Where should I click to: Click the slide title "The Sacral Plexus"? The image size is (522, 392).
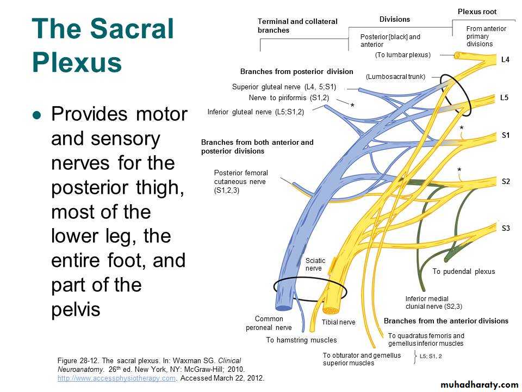[x=103, y=46]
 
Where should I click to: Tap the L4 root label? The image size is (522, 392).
[x=505, y=60]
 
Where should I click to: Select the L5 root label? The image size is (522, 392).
[x=504, y=97]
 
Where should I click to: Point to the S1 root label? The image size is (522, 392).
[x=505, y=135]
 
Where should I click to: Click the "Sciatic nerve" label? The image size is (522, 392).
[x=315, y=264]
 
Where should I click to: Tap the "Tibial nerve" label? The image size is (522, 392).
[x=338, y=322]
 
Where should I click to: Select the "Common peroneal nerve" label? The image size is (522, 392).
[x=269, y=323]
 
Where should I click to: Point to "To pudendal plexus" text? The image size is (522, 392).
[x=464, y=271]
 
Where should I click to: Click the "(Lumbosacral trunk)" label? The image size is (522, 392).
[x=395, y=77]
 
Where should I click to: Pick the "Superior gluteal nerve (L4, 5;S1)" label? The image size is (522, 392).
[x=284, y=87]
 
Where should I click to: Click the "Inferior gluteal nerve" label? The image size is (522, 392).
[x=256, y=112]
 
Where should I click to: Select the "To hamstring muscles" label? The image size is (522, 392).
[x=301, y=340]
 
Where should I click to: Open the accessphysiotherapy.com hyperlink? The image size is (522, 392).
[x=116, y=378]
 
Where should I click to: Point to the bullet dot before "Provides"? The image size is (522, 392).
[x=36, y=115]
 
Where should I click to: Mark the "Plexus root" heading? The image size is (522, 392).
[x=477, y=11]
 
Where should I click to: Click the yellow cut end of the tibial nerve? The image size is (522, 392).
[x=331, y=309]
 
